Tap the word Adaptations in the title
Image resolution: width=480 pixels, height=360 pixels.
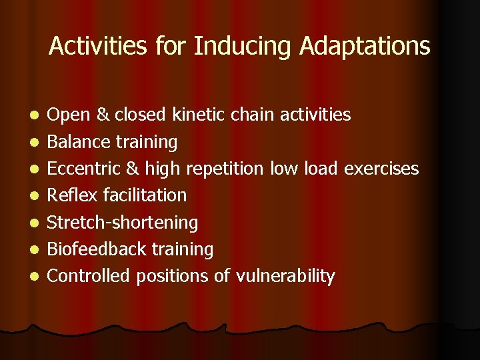click(x=365, y=47)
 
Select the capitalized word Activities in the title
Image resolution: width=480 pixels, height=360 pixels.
click(x=99, y=47)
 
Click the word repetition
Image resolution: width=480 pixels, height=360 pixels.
click(x=224, y=169)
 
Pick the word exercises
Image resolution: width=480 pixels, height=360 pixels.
click(x=381, y=169)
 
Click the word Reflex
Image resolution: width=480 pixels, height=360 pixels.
click(x=70, y=195)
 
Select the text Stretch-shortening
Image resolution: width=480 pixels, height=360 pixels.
click(x=123, y=223)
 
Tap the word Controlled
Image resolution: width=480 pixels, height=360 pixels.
click(x=89, y=276)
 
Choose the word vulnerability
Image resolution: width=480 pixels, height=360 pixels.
click(x=285, y=276)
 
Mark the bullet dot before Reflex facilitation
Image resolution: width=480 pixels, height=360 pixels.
click(x=34, y=196)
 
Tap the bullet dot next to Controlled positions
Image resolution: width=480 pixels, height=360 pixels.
click(x=34, y=277)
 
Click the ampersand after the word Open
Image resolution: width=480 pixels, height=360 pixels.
click(x=103, y=115)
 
